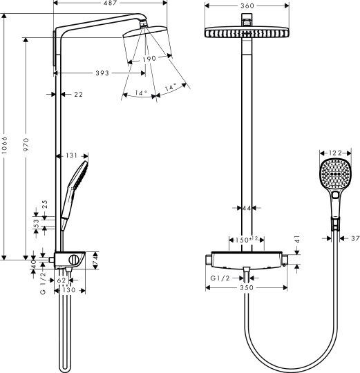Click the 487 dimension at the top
[x=110, y=4]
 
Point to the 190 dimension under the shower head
[x=149, y=59]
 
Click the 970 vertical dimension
[x=26, y=146]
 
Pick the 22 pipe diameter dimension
[x=78, y=94]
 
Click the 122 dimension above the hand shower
[x=335, y=153]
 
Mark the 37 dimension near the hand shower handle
[x=352, y=238]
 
